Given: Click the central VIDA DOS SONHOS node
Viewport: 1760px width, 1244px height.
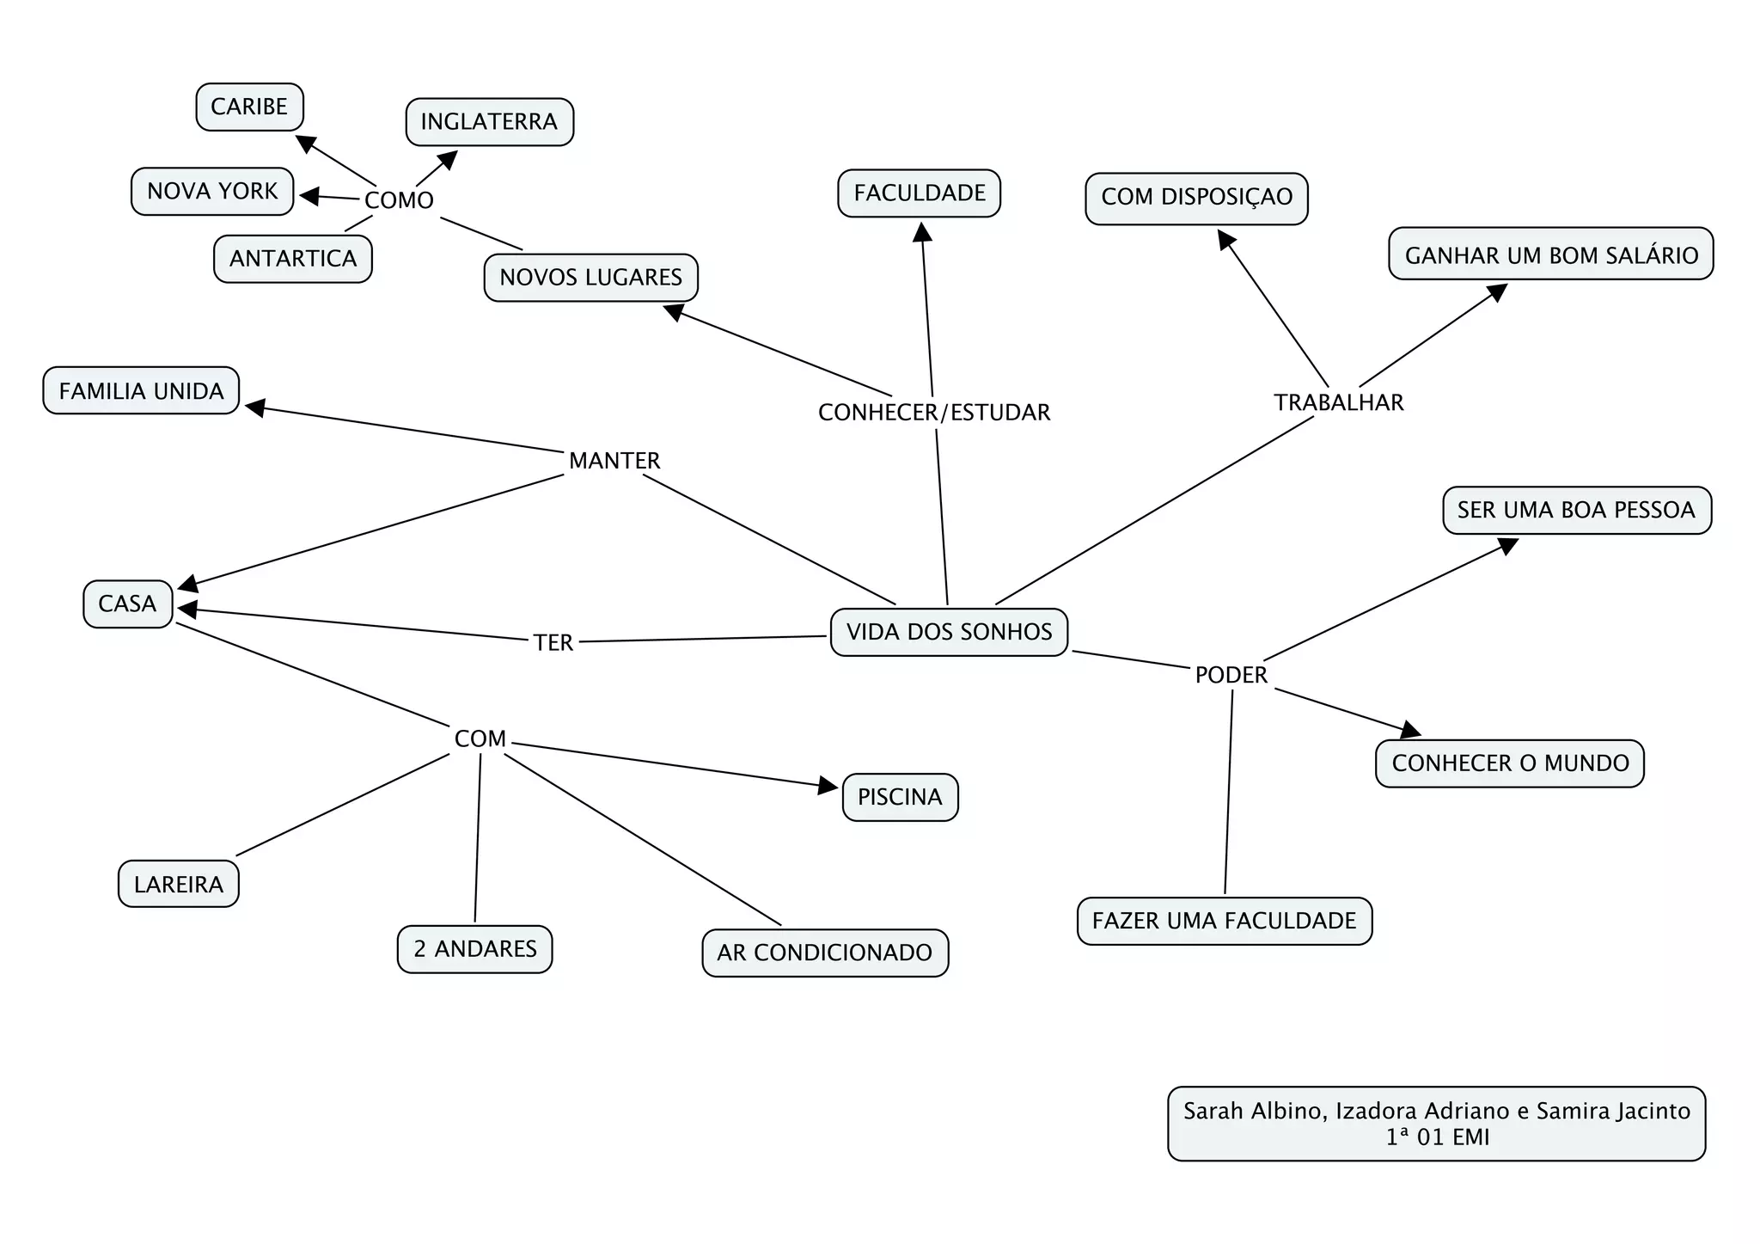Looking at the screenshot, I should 949,632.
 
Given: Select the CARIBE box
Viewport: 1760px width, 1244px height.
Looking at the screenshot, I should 249,107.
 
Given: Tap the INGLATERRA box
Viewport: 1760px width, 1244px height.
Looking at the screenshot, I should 489,122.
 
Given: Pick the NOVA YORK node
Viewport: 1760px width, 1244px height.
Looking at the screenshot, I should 212,191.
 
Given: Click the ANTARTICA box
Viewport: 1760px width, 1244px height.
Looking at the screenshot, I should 293,259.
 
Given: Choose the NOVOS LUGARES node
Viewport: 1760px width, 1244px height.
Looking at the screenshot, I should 590,278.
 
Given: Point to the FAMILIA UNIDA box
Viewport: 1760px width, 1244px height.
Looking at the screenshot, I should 141,391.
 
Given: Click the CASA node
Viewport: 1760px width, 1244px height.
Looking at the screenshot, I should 127,604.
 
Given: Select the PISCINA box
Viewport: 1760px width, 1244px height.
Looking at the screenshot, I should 900,797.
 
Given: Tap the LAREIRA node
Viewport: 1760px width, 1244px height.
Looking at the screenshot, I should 178,884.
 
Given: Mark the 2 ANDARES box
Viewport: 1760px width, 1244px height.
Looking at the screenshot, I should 474,949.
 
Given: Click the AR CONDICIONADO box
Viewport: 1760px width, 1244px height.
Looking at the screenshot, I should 825,953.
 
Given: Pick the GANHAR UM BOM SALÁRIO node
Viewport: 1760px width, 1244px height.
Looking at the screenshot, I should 1550,255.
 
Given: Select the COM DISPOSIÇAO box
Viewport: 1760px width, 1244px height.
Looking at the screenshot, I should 1196,197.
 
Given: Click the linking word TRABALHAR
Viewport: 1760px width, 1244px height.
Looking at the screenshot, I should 1338,402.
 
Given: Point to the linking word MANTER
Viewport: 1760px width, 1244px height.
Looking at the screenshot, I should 614,461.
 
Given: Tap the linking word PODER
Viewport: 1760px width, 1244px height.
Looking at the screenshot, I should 1231,675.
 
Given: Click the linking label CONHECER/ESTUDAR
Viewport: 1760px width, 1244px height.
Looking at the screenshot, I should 934,413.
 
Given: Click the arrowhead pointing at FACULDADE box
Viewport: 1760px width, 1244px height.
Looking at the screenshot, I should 922,232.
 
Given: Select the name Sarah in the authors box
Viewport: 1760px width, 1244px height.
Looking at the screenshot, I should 1213,1111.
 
